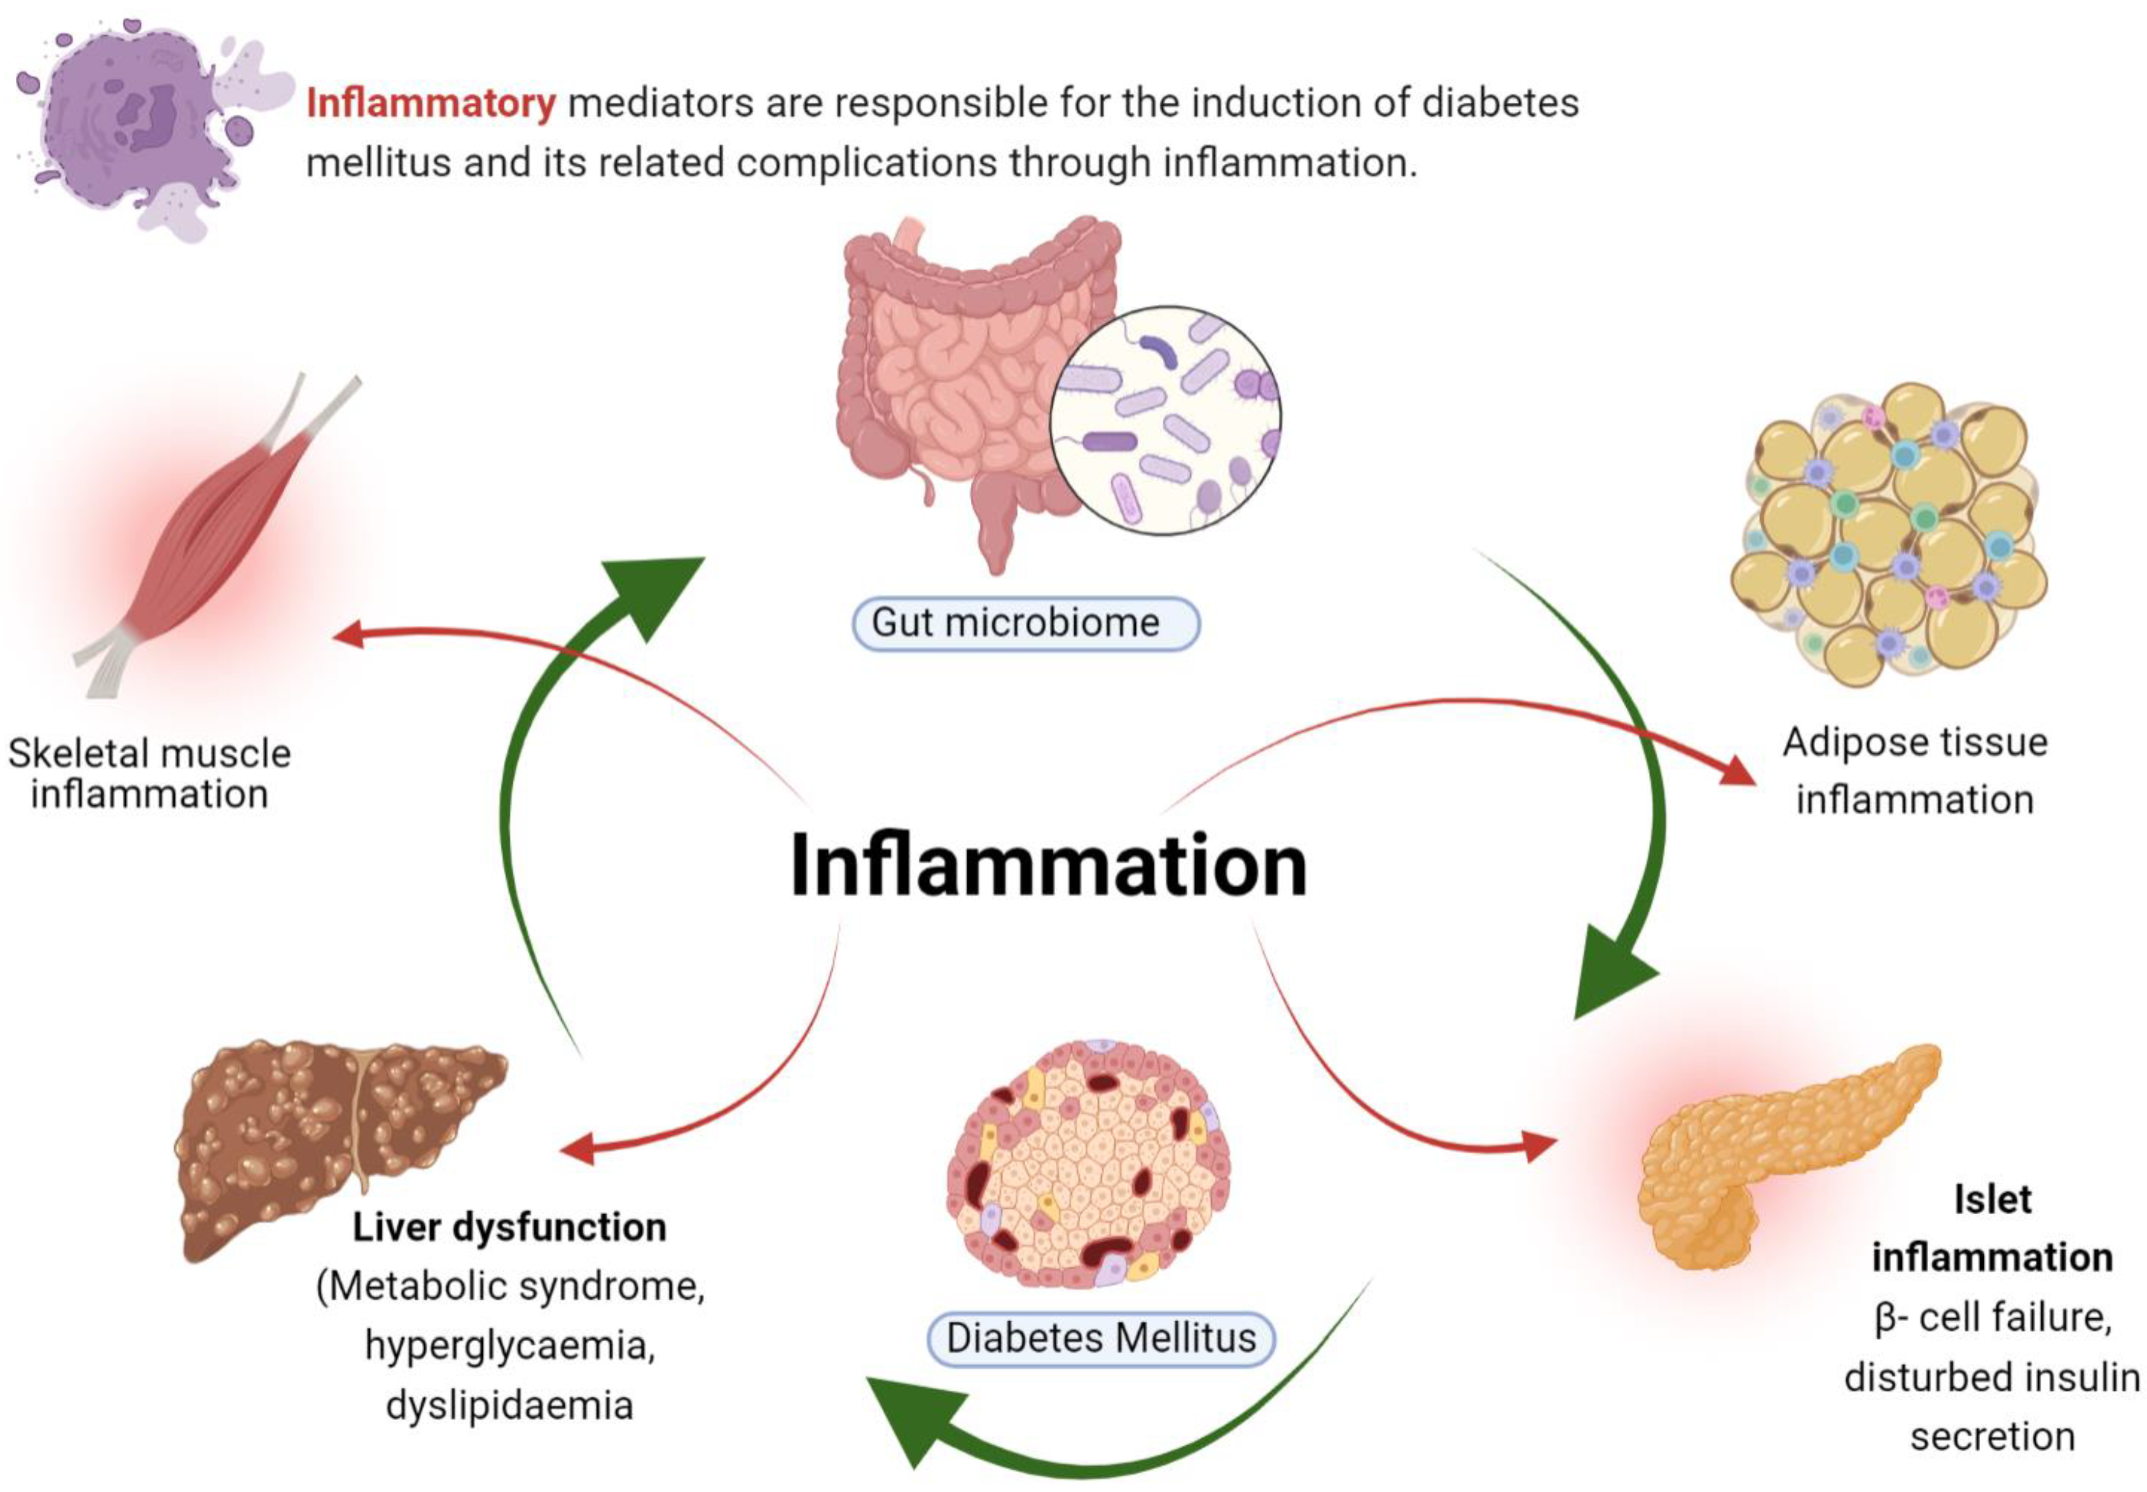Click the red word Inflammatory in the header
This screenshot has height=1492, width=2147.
[430, 104]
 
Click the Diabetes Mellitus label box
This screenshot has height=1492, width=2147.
[1101, 1339]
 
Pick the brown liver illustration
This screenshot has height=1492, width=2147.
[336, 1140]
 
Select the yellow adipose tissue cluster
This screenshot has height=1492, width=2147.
[1889, 533]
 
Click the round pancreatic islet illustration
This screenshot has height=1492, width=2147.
[1090, 1164]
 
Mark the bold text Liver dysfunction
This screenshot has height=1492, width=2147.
[510, 1228]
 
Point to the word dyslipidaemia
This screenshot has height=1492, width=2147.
[510, 1405]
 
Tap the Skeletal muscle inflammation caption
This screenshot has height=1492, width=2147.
[150, 774]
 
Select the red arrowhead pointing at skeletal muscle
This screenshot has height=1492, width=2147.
[348, 636]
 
